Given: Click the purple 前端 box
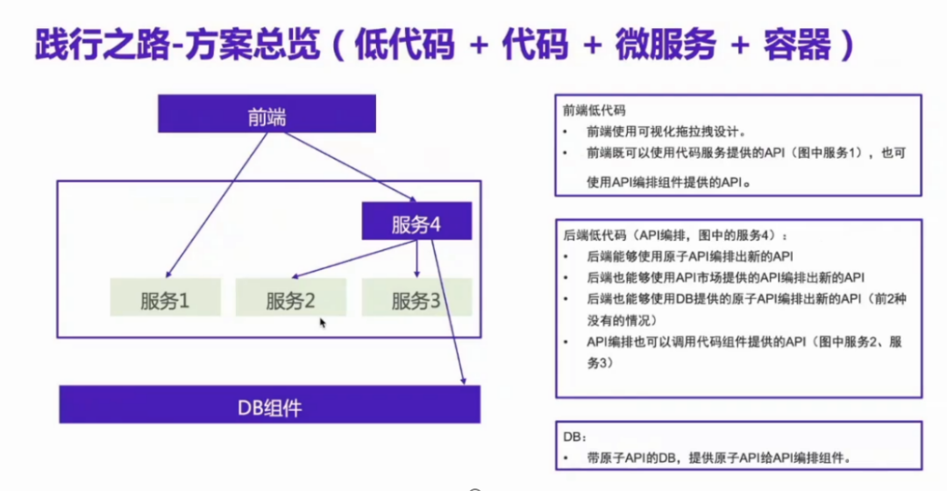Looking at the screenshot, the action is tap(266, 114).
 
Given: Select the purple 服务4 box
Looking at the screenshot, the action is tap(417, 222).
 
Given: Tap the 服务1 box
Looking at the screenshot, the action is tap(166, 299).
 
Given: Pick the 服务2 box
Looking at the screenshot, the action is tap(291, 299).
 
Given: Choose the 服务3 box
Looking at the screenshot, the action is tap(417, 299).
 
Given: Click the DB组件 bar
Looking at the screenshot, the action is tap(269, 405).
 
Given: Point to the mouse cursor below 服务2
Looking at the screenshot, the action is tap(323, 323).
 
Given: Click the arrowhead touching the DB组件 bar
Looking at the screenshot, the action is tap(463, 379).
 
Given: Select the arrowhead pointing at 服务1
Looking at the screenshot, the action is tap(167, 273).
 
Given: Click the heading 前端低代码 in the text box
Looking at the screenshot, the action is tap(594, 111).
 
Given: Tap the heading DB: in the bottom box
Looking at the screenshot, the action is tap(573, 436).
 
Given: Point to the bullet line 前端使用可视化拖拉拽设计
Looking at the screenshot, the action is tap(666, 132).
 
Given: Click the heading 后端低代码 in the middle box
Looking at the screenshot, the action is tap(594, 236).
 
